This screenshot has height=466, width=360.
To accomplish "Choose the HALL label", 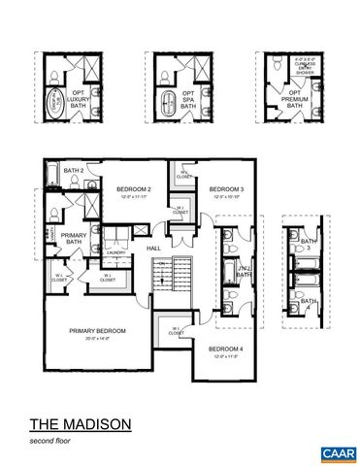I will (x=153, y=248).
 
